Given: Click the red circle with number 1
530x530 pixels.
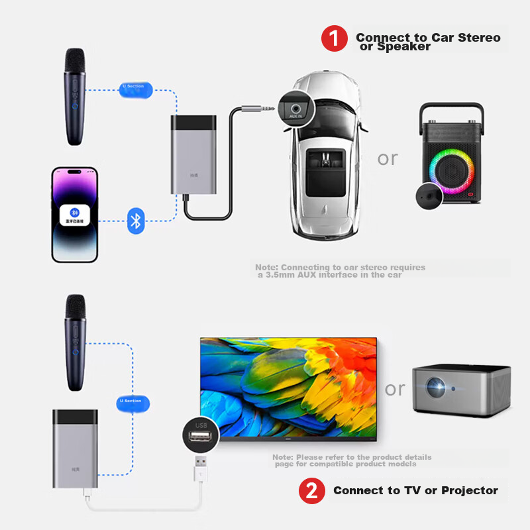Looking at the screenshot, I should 335,38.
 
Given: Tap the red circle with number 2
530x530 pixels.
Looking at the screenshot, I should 312,491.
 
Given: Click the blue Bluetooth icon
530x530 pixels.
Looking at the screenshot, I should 136,220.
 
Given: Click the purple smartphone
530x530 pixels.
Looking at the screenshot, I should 75,214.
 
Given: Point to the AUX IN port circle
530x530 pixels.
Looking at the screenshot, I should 296,106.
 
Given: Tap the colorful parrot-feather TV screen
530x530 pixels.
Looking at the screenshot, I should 288,388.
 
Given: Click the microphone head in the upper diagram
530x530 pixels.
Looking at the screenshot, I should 74,61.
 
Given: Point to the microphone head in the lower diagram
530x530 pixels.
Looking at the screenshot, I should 75,307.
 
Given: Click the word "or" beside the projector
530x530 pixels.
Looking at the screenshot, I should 394,389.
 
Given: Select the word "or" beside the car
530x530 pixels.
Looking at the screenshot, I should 388,158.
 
